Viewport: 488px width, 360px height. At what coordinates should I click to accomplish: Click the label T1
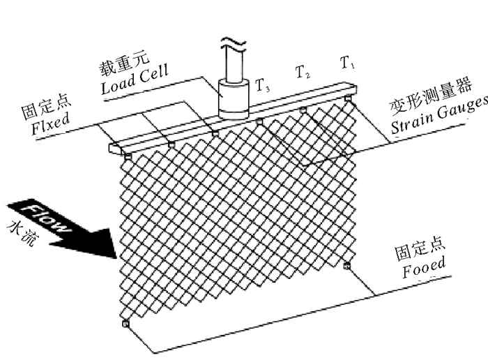click(347, 64)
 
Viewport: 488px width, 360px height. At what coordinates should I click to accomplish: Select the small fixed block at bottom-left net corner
click(125, 324)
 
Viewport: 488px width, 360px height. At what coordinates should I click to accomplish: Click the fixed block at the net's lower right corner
click(346, 265)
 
